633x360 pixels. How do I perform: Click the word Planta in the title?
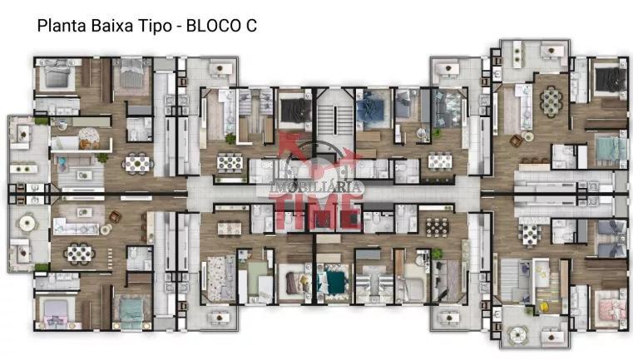pos(62,26)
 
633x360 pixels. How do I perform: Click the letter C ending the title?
pos(251,26)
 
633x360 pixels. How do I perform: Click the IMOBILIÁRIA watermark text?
pos(316,187)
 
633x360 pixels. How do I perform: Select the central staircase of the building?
pos(335,121)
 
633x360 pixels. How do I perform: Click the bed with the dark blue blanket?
pos(370,109)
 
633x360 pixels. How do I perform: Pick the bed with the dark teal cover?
pos(333,280)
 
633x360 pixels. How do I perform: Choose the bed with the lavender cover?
pos(55,311)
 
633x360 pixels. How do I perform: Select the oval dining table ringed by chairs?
pos(551,101)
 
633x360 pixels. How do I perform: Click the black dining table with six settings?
pos(438,227)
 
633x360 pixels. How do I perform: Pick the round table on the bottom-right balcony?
pos(517,333)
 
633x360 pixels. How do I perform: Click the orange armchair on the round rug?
pos(85,143)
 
